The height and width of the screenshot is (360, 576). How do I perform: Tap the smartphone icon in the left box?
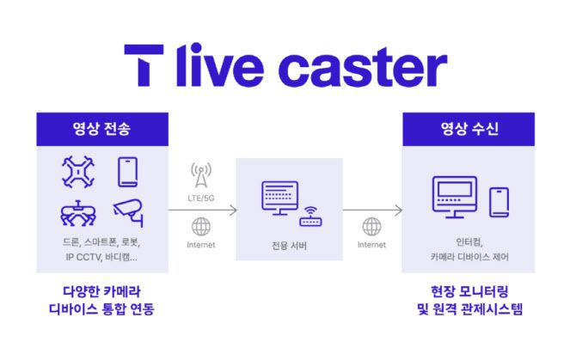click(x=128, y=172)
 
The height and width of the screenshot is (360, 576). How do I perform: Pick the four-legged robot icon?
click(x=79, y=215)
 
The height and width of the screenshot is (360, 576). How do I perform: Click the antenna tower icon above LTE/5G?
click(x=200, y=175)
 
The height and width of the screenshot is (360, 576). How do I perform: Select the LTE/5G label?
click(x=200, y=199)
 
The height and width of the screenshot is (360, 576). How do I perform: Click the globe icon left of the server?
click(x=200, y=227)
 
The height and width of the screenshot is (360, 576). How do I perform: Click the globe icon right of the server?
click(x=371, y=227)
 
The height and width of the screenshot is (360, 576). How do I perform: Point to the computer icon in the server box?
click(x=279, y=200)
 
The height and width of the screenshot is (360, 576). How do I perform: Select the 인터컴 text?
click(x=469, y=241)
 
